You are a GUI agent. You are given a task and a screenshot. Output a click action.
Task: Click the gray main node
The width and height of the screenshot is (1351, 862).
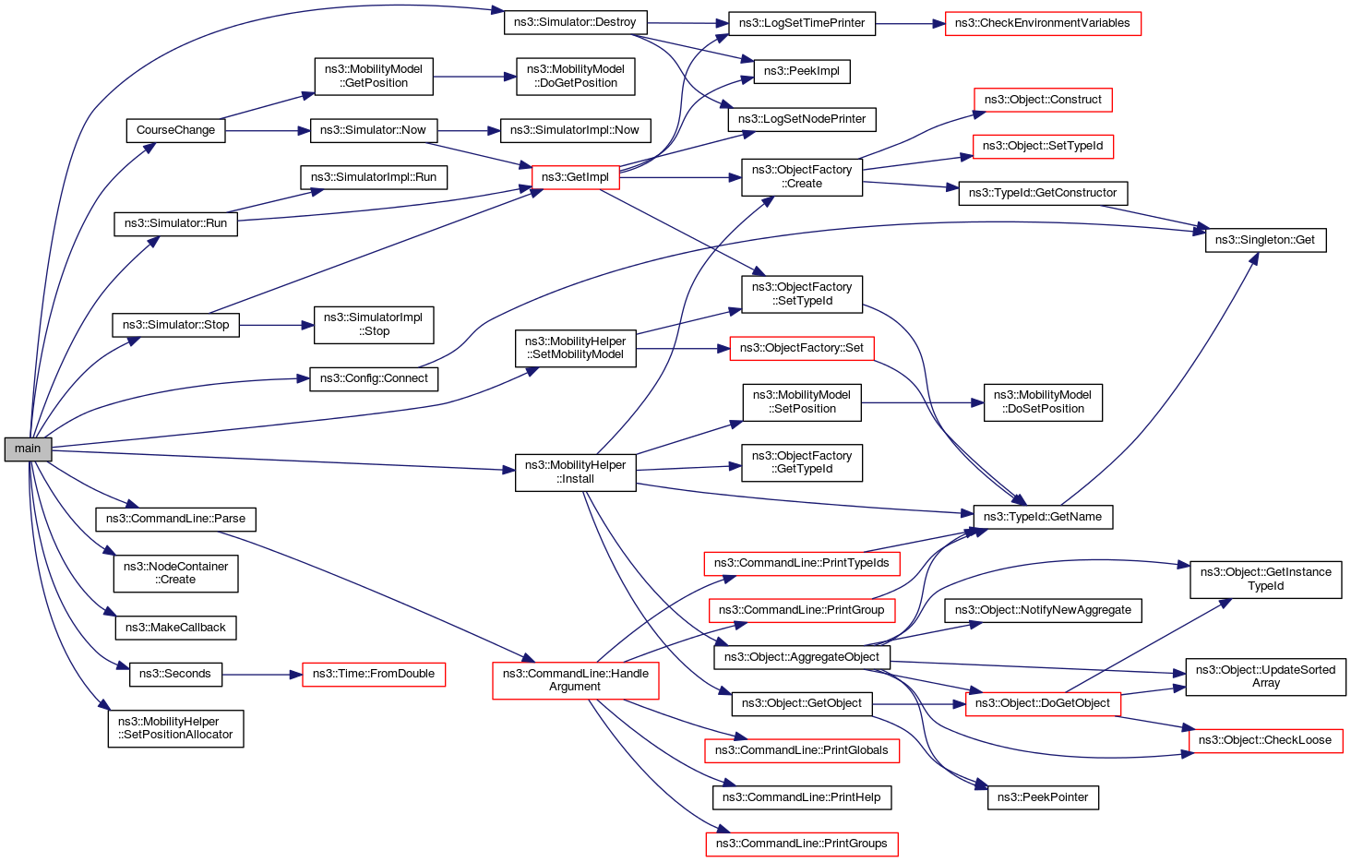click(x=28, y=449)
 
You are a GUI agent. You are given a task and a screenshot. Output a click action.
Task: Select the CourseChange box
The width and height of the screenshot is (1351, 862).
click(x=175, y=130)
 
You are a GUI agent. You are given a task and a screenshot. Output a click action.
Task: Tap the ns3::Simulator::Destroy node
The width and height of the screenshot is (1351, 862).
click(x=575, y=22)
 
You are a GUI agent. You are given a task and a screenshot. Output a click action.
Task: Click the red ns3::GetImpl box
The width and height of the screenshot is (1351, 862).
click(x=575, y=177)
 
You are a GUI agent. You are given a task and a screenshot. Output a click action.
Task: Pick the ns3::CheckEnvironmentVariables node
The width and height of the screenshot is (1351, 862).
click(x=1042, y=23)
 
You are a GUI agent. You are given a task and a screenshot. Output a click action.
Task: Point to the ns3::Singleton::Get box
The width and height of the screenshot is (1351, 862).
click(x=1264, y=240)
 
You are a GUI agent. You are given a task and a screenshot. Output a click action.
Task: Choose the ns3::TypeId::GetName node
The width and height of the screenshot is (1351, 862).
click(x=1042, y=517)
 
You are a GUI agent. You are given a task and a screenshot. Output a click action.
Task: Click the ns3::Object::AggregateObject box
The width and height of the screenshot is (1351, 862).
click(x=801, y=657)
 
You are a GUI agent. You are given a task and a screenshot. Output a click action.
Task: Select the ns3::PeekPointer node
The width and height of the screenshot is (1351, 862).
click(x=1042, y=797)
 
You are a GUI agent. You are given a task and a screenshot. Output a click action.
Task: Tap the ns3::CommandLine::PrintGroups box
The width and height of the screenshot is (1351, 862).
click(x=801, y=844)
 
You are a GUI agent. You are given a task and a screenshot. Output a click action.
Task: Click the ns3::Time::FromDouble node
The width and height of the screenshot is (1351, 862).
click(x=373, y=674)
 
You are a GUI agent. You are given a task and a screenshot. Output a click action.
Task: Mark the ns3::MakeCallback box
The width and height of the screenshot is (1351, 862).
click(x=175, y=628)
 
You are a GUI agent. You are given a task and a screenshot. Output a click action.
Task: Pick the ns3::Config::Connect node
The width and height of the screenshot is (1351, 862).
click(x=373, y=378)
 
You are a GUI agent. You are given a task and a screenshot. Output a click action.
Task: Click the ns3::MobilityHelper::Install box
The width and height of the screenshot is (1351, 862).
click(x=575, y=472)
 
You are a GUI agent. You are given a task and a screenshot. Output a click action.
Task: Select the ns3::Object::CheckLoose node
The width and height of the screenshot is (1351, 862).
click(x=1264, y=740)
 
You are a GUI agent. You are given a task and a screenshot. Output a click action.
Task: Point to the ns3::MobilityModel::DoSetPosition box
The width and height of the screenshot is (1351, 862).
click(x=1042, y=402)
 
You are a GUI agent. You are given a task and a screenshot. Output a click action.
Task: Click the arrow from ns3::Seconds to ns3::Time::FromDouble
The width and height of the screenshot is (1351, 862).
click(x=262, y=675)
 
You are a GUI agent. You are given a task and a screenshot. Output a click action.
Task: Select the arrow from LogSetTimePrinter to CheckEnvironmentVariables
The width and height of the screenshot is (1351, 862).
click(x=910, y=23)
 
